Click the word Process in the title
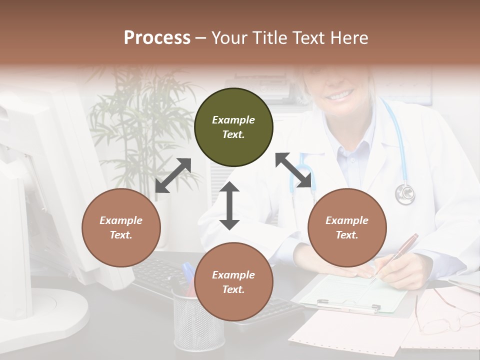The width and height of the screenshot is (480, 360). (x=157, y=38)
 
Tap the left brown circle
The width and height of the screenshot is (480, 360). (x=121, y=227)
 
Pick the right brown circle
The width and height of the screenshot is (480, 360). (x=347, y=227)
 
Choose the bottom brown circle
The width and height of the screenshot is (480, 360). (x=233, y=282)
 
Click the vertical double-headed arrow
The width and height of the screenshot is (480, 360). (x=229, y=205)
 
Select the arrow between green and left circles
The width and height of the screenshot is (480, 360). (x=173, y=175)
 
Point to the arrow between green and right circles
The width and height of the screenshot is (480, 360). (x=293, y=170)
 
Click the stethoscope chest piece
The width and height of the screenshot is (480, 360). (x=405, y=194)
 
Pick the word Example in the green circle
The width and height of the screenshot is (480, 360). (x=233, y=120)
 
